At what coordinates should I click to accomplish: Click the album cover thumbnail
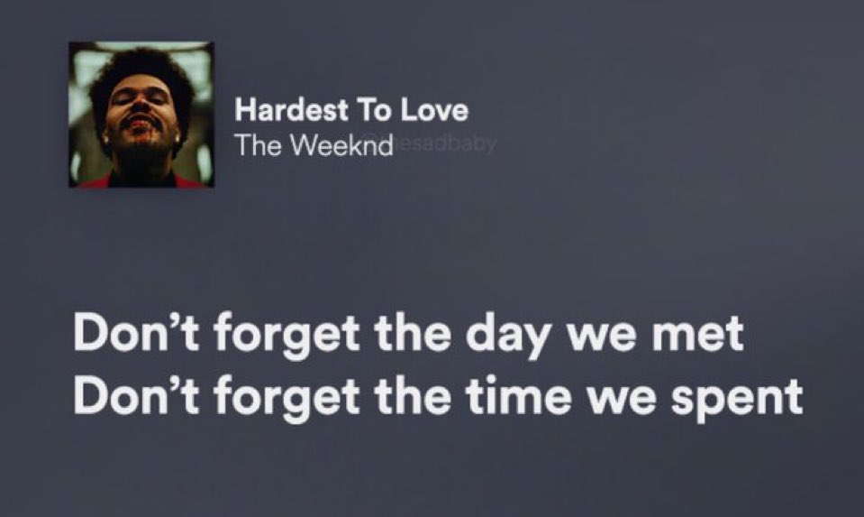point(141,115)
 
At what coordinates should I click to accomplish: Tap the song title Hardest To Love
point(351,112)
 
